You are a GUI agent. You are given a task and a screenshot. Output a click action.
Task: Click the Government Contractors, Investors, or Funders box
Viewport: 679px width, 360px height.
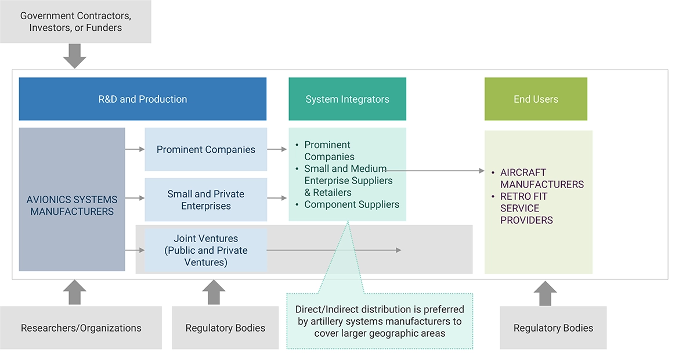[x=75, y=22]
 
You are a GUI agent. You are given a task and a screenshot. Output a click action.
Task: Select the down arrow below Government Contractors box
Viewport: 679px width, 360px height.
[x=74, y=56]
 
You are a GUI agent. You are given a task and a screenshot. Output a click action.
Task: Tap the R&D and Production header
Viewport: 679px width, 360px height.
[x=143, y=99]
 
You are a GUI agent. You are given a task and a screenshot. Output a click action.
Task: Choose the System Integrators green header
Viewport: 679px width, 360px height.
[x=347, y=99]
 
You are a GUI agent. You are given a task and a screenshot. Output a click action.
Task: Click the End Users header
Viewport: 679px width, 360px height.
[x=536, y=99]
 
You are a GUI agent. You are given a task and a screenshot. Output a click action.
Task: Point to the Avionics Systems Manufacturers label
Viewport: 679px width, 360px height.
[x=72, y=206]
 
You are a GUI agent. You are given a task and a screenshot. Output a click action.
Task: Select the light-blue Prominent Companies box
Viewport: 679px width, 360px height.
[x=205, y=150]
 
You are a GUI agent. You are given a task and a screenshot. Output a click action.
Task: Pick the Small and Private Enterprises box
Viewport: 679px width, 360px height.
[x=205, y=200]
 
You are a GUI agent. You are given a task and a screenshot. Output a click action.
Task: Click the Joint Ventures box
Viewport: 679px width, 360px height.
[x=205, y=250]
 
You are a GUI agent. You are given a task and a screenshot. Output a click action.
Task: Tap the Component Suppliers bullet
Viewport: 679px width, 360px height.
[x=352, y=204]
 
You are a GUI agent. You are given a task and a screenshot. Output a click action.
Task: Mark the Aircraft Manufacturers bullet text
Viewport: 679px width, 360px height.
[x=542, y=178]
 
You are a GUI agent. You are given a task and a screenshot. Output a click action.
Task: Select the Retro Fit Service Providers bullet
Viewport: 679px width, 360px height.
[x=526, y=208]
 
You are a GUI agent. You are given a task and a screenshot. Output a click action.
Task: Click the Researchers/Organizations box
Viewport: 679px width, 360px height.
[x=81, y=328]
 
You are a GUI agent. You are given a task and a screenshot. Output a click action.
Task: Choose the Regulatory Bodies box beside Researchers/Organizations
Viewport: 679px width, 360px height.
[x=225, y=328]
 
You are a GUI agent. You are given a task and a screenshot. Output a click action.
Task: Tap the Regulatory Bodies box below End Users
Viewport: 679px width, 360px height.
[x=553, y=328]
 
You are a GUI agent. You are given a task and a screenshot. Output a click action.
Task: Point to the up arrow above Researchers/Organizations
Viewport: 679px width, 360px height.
[x=74, y=292]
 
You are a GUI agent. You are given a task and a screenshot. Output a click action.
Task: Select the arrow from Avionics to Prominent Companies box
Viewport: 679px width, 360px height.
[x=135, y=149]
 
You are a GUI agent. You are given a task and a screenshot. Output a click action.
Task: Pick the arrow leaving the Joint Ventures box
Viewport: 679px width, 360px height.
[x=334, y=250]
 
